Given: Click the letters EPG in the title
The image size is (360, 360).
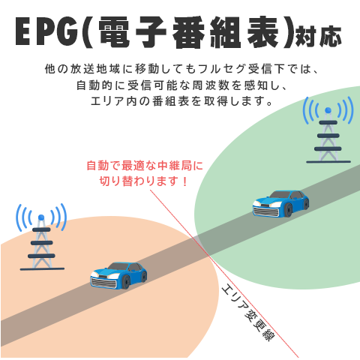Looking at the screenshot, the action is click(x=46, y=31).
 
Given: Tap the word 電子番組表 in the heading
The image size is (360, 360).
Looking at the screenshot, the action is click(x=188, y=32).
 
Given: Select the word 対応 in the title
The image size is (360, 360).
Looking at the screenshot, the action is click(x=318, y=36).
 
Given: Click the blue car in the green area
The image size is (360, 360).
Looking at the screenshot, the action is click(x=280, y=203).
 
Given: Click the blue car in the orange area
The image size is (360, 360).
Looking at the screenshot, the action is click(x=118, y=275).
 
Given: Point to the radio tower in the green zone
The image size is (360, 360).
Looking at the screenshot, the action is click(x=328, y=130).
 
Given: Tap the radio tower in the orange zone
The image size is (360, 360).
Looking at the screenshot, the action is click(x=41, y=237).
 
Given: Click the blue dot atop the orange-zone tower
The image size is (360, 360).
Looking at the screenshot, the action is click(x=41, y=217).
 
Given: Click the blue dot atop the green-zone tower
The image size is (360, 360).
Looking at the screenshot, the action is click(x=328, y=110).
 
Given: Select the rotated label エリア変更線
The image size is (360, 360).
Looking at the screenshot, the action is click(x=248, y=313).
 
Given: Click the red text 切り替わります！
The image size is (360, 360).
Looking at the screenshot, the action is click(x=143, y=181).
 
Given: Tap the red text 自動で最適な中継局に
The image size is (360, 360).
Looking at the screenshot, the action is click(x=145, y=166).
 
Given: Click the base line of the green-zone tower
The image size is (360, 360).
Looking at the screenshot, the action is click(x=328, y=162).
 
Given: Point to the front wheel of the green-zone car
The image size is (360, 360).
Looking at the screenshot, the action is click(x=288, y=210).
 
